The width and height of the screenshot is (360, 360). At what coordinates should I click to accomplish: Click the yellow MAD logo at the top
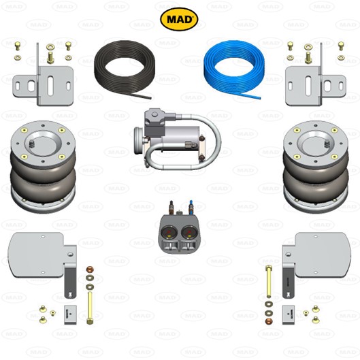pyautogui.click(x=179, y=19)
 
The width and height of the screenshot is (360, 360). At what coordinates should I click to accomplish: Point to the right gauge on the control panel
pyautogui.click(x=189, y=233)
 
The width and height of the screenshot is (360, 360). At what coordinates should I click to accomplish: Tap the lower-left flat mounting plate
pyautogui.click(x=37, y=255)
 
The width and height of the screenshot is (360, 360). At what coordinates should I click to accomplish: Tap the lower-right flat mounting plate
pyautogui.click(x=321, y=255)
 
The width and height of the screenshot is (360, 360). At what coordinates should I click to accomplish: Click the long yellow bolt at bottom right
pyautogui.click(x=269, y=282)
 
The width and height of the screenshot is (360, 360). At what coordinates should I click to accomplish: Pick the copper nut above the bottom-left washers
pyautogui.click(x=90, y=269)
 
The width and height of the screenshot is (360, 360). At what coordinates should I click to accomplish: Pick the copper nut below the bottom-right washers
pyautogui.click(x=268, y=321)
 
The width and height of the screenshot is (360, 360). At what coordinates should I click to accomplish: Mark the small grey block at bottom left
pyautogui.click(x=70, y=315)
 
